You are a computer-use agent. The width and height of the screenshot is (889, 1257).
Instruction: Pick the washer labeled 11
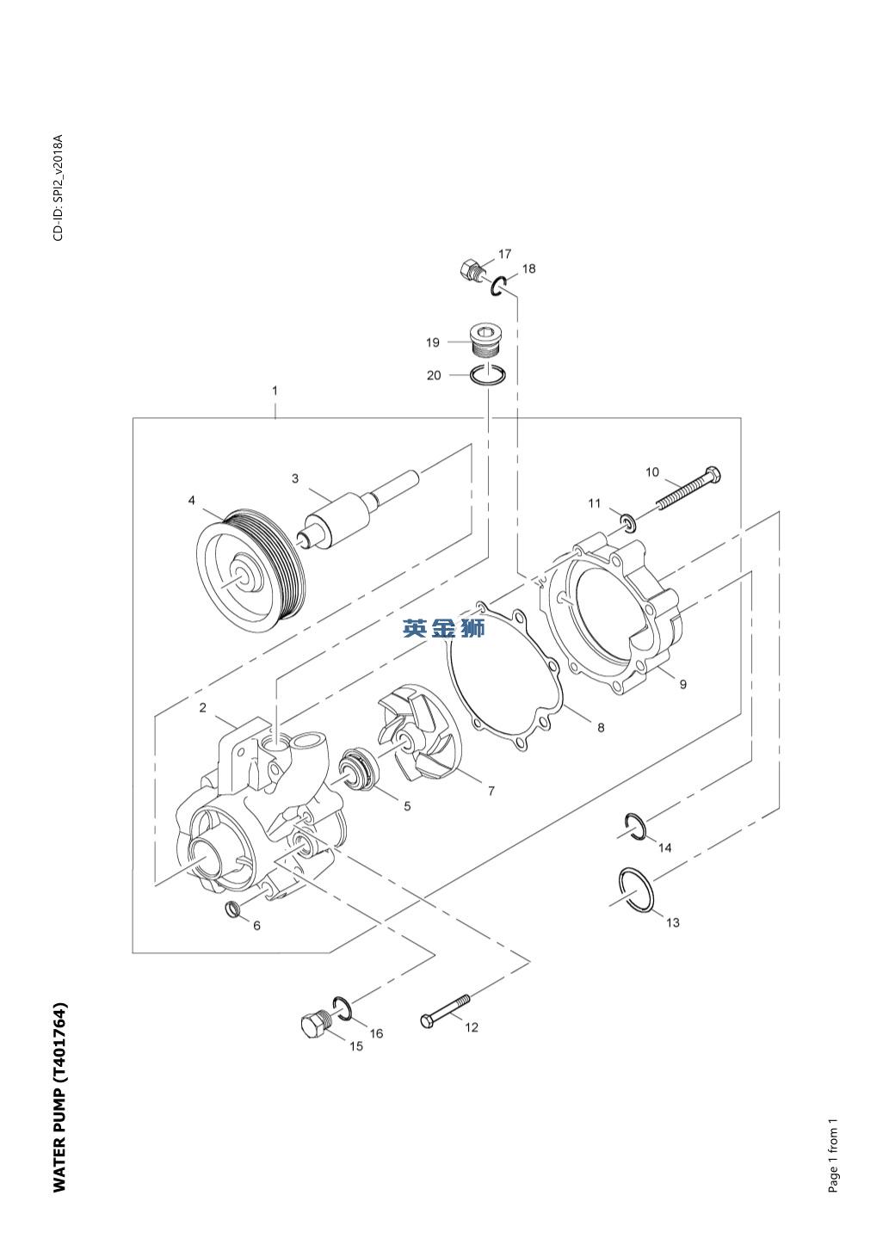pyautogui.click(x=628, y=521)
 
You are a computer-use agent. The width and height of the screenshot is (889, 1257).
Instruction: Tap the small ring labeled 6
pyautogui.click(x=232, y=909)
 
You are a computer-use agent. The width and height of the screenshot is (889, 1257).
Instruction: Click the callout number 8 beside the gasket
pyautogui.click(x=601, y=728)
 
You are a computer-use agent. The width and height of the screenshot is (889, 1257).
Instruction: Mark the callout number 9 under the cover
pyautogui.click(x=683, y=684)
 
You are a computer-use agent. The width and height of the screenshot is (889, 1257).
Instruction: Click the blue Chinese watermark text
pyautogui.click(x=443, y=628)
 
